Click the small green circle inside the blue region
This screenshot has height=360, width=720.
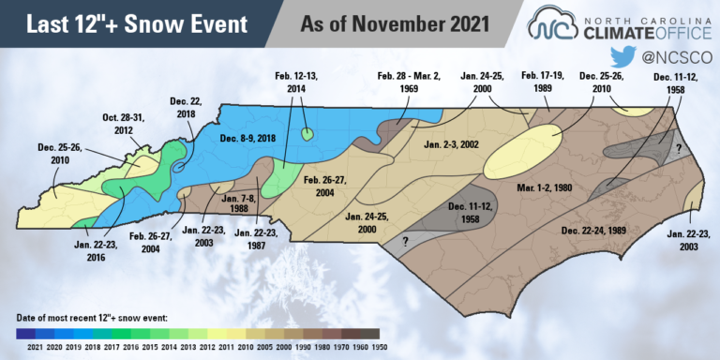pyautogui.click(x=307, y=136)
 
